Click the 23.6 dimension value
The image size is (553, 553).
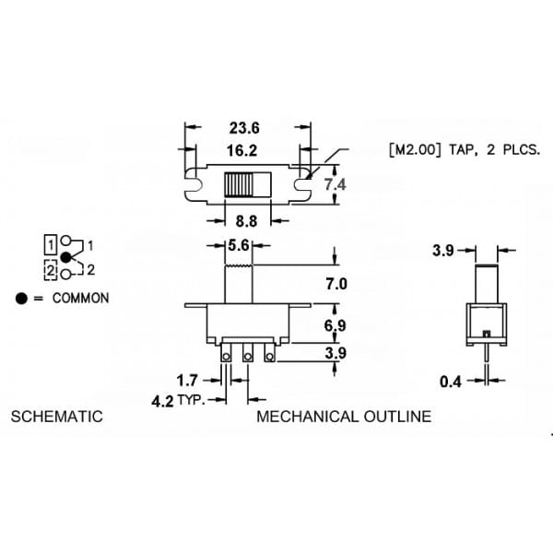coord(244,128)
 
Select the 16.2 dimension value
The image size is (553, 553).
coord(241,150)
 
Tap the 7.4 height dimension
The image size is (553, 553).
coord(335,184)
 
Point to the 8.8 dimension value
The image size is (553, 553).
coord(246,221)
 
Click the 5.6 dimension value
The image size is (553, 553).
coord(239,245)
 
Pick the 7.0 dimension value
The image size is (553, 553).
coord(336,284)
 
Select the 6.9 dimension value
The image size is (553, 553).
coord(335,325)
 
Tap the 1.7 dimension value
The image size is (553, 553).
coord(187,381)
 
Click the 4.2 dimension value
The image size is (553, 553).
coord(162,401)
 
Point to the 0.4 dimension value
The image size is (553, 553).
coord(451,382)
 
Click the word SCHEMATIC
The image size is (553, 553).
coord(57,417)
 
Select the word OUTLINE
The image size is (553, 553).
coord(397,417)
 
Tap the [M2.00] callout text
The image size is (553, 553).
coord(415,150)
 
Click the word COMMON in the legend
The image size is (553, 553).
coord(81,299)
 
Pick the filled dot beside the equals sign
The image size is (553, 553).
coord(21,299)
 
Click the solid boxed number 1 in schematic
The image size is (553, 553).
coord(51,244)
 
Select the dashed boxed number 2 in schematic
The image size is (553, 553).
coord(51,270)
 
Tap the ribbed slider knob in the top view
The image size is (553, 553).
coord(239,184)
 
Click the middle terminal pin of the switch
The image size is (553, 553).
coord(248,353)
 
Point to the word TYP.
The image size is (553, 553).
coord(191,400)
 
